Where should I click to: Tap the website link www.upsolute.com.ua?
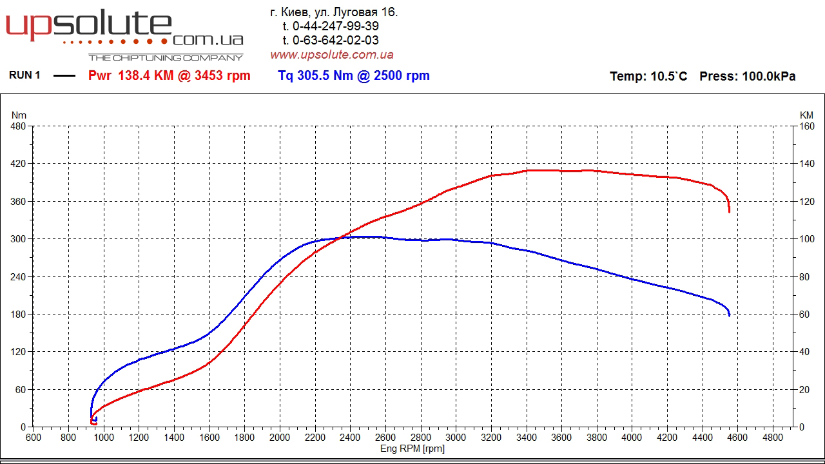pyautogui.click(x=331, y=55)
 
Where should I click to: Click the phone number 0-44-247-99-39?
pyautogui.click(x=335, y=26)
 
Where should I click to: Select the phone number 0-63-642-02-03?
pyautogui.click(x=335, y=40)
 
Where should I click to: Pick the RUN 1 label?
pyautogui.click(x=24, y=75)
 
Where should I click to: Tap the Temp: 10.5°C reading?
pyautogui.click(x=648, y=76)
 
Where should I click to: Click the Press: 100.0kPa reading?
pyautogui.click(x=748, y=76)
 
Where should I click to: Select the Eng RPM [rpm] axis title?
pyautogui.click(x=412, y=449)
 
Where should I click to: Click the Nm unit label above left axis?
pyautogui.click(x=19, y=115)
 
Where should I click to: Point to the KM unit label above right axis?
pyautogui.click(x=806, y=115)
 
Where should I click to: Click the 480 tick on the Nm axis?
pyautogui.click(x=18, y=126)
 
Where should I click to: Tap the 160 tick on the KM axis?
pyautogui.click(x=807, y=126)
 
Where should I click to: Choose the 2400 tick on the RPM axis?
pyautogui.click(x=350, y=438)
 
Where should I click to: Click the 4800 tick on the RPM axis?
pyautogui.click(x=773, y=438)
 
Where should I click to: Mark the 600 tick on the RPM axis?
pyautogui.click(x=34, y=438)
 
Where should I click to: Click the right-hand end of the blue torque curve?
pyautogui.click(x=730, y=315)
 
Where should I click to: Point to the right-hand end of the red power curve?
pyautogui.click(x=729, y=211)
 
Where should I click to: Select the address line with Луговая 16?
pyautogui.click(x=333, y=12)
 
